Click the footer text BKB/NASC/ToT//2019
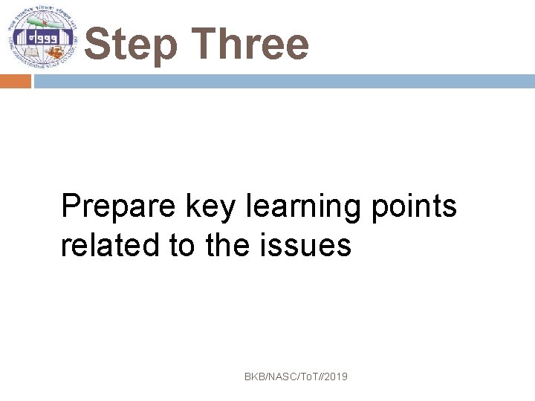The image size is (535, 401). pyautogui.click(x=296, y=377)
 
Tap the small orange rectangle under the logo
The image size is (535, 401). pyautogui.click(x=16, y=81)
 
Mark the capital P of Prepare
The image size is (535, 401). pyautogui.click(x=71, y=206)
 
